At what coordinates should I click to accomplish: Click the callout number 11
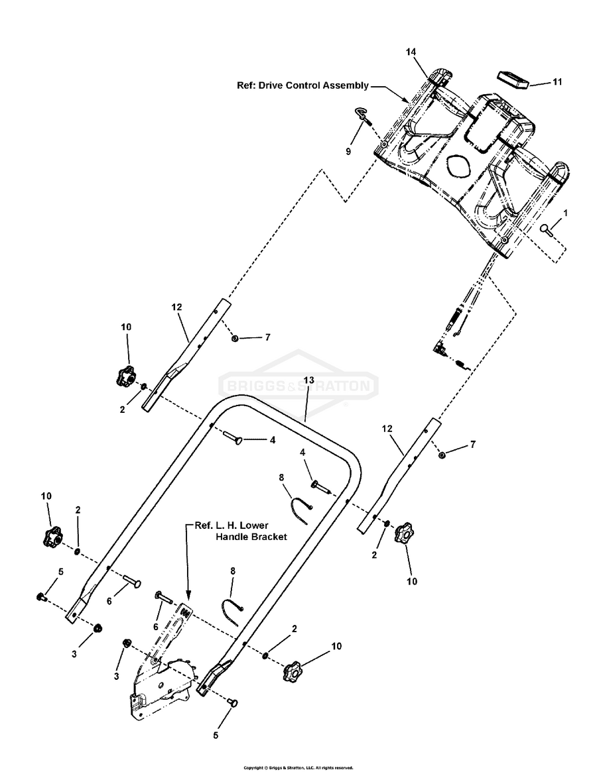click(557, 82)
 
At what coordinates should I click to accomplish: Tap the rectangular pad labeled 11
click(511, 78)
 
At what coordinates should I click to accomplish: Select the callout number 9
click(348, 151)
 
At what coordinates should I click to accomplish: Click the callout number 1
click(566, 213)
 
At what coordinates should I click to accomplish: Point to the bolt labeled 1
click(546, 229)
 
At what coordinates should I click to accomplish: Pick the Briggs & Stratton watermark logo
click(298, 385)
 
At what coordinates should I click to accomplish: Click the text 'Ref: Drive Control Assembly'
click(302, 85)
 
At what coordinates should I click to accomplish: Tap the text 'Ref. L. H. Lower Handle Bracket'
click(240, 531)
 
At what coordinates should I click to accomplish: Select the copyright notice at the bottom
click(298, 767)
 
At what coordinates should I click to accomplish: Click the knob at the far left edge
click(52, 537)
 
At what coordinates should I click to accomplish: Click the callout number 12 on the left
click(176, 307)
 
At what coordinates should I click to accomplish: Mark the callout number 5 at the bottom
click(216, 734)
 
